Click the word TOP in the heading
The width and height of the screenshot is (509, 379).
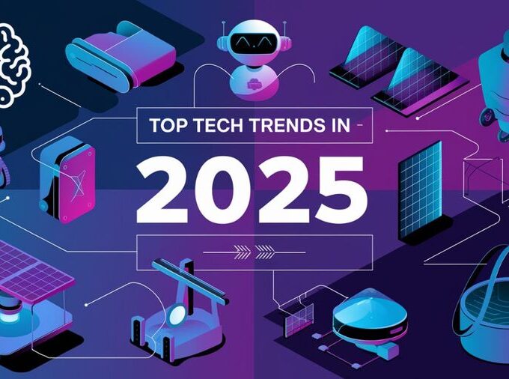168,126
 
